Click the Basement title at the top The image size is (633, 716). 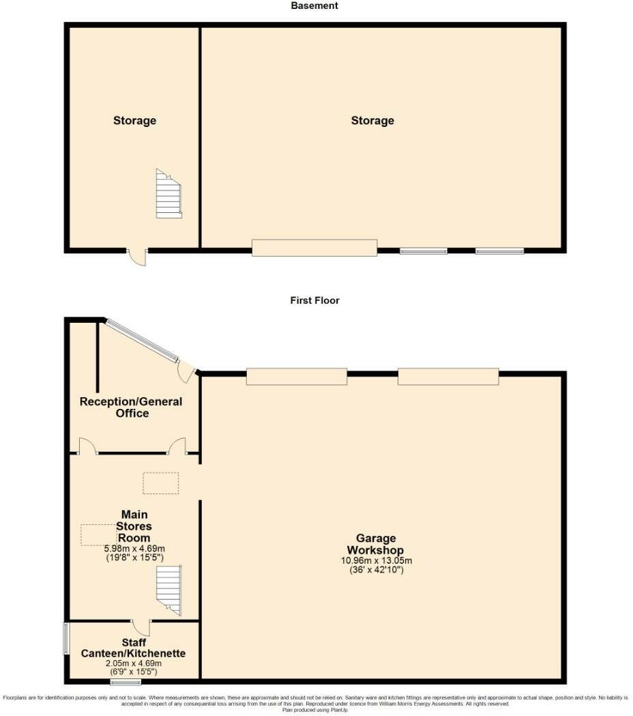(x=314, y=5)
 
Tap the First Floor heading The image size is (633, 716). (x=314, y=300)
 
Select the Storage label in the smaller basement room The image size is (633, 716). (x=134, y=121)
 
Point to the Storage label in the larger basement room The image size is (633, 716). (x=372, y=121)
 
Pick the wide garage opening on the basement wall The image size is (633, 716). (x=314, y=248)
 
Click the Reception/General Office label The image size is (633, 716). (x=131, y=407)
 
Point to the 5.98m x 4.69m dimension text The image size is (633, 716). (x=134, y=548)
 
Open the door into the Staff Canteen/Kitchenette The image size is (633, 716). (x=141, y=626)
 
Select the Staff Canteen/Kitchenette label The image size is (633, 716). (x=134, y=648)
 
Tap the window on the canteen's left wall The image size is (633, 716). (x=65, y=638)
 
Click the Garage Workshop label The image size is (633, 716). (x=375, y=544)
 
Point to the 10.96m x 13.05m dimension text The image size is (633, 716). (x=377, y=560)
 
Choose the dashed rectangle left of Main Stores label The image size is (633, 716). (x=99, y=534)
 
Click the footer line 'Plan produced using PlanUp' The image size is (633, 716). (x=314, y=710)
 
